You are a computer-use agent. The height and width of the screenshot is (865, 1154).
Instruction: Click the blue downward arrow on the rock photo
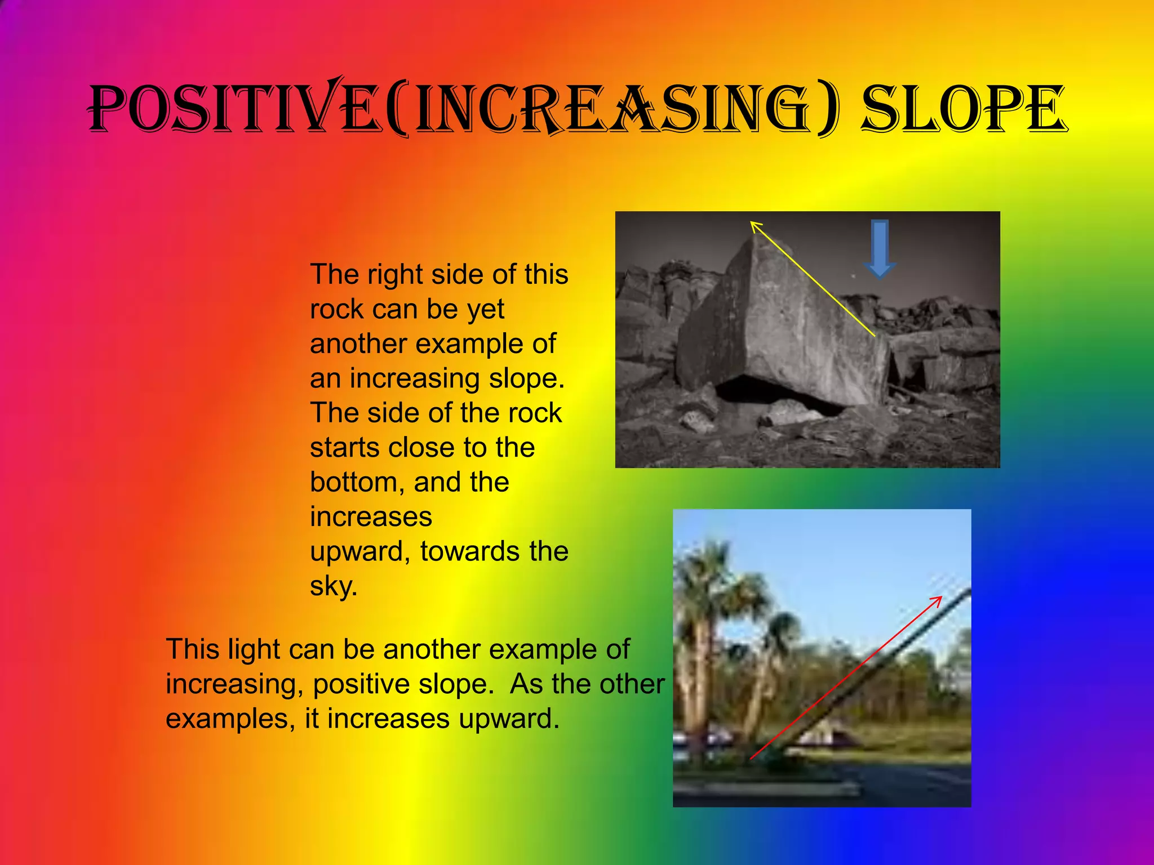880,248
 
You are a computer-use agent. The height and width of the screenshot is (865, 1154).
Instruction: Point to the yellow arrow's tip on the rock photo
752,224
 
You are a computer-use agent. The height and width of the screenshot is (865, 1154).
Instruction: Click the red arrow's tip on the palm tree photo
940,598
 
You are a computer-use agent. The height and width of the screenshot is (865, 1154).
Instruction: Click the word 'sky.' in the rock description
334,586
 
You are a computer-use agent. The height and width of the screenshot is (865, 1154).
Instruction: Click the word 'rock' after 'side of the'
535,413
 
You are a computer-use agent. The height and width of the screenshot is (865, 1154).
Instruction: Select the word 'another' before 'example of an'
358,344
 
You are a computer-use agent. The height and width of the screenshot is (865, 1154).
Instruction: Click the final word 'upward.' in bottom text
508,719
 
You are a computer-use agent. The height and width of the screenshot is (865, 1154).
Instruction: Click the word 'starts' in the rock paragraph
343,448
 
